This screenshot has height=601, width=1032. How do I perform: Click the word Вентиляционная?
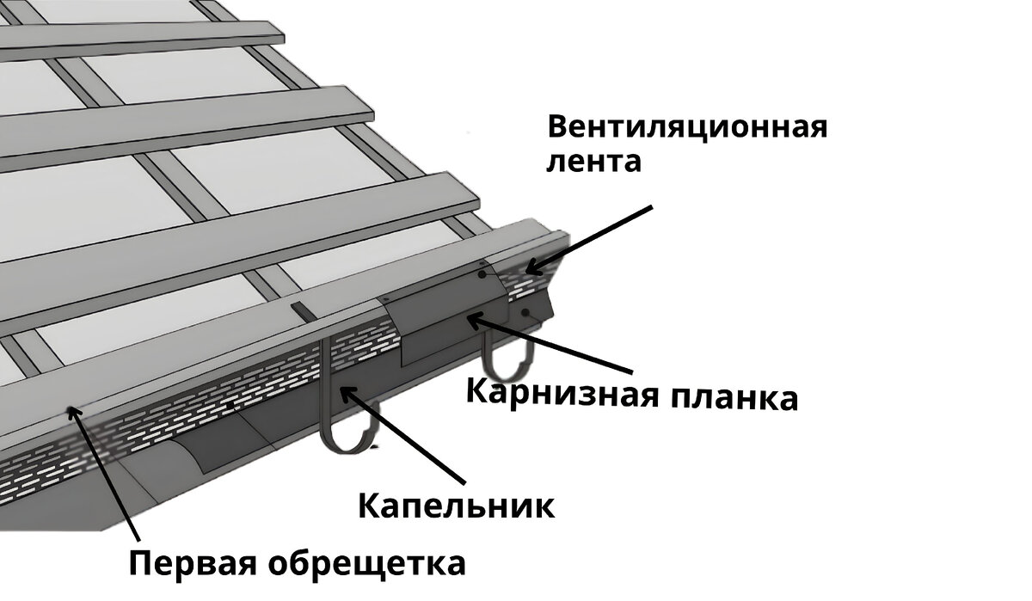pyautogui.click(x=686, y=128)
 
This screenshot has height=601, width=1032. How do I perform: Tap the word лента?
pyautogui.click(x=593, y=162)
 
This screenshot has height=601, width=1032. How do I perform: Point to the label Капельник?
pyautogui.click(x=456, y=504)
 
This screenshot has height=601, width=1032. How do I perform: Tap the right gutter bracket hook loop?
pyautogui.click(x=507, y=361)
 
